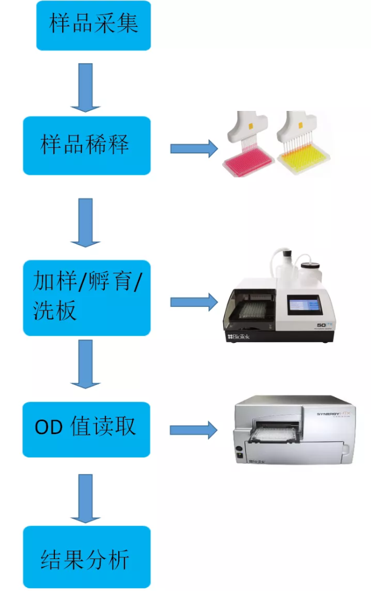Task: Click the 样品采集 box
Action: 94,25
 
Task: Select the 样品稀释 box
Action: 87,146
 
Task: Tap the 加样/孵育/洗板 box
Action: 87,297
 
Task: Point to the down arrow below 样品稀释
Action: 85,222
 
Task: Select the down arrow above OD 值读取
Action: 85,364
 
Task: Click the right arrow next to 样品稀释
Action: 193,148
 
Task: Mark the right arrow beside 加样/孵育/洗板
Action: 193,302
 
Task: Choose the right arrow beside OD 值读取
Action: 193,430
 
